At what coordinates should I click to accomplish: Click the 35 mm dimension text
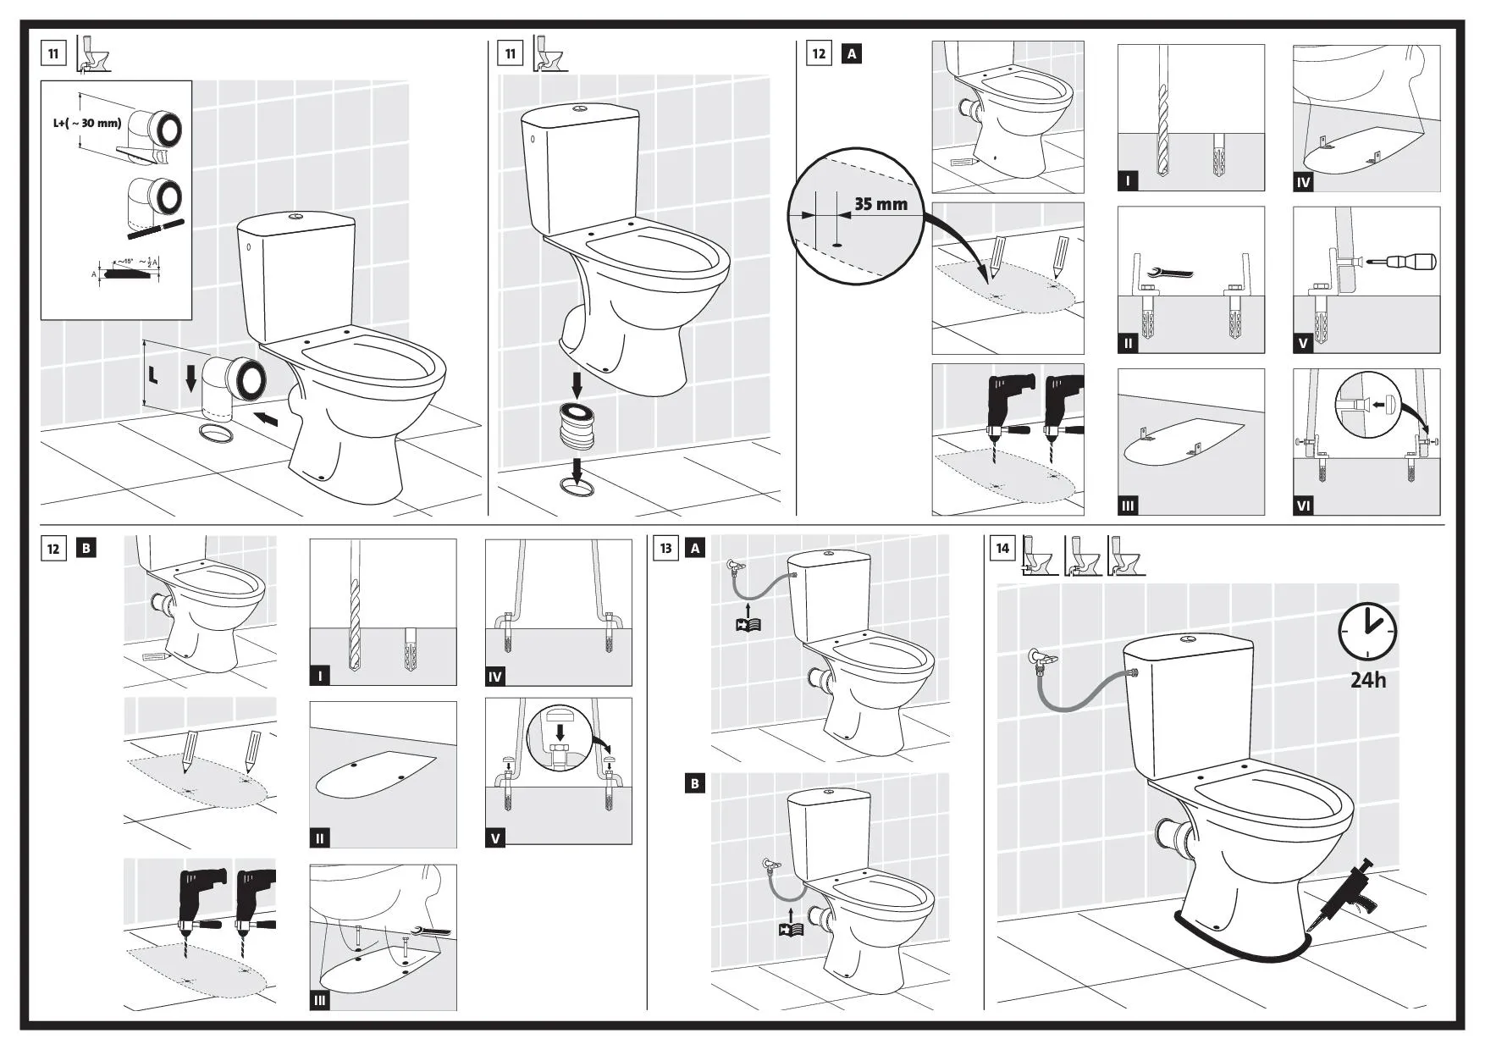click(x=881, y=204)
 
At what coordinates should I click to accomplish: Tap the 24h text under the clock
click(x=1367, y=679)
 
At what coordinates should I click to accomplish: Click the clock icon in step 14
click(x=1367, y=631)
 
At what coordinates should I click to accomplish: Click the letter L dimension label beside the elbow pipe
click(x=152, y=375)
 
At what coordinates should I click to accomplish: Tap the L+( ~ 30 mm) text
click(x=87, y=124)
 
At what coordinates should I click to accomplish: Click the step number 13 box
click(x=665, y=549)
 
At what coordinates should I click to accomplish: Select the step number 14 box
click(x=1002, y=549)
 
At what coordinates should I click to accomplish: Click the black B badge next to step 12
click(x=86, y=549)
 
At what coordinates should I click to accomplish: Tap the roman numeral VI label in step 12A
click(x=1304, y=506)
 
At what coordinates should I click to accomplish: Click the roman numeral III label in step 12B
click(x=320, y=1001)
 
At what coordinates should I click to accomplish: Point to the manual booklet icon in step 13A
click(x=748, y=626)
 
